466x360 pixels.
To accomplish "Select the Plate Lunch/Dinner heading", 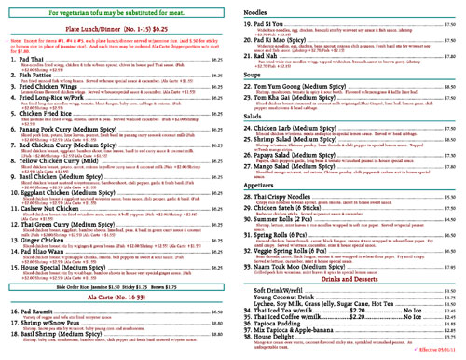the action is click(x=116, y=31).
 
